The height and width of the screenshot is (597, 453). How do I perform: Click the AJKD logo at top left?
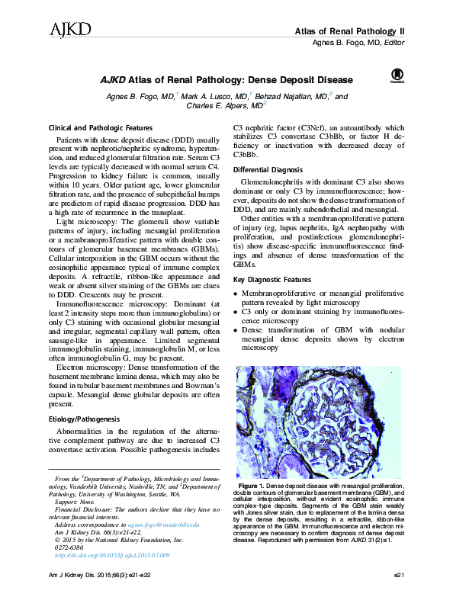[69, 30]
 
